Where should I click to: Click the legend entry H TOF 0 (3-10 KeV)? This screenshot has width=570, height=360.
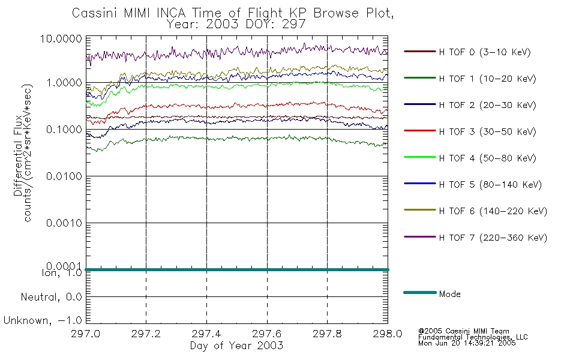pos(485,52)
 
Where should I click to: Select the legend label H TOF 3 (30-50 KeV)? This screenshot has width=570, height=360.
pos(487,131)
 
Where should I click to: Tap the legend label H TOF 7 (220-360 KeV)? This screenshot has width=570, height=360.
pos(493,238)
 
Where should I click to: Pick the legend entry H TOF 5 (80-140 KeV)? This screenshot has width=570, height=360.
pos(490,185)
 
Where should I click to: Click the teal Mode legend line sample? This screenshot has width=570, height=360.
pos(420,292)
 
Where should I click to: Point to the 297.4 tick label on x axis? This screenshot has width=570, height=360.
pos(206,334)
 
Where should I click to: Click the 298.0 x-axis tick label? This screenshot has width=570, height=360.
pos(388,334)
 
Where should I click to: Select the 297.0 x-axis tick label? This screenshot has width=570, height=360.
pos(86,334)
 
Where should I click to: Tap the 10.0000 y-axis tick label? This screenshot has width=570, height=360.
pos(61,38)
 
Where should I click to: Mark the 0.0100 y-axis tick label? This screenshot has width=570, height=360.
pos(64,176)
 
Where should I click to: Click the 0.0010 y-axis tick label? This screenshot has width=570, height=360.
pos(64,223)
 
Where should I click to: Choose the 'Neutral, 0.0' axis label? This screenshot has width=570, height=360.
pos(51,298)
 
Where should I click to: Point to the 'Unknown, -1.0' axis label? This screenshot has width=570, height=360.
pos(43,321)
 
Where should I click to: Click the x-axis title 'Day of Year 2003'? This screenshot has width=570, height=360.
pos(236,346)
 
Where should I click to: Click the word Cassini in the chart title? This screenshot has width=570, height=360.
pos(95,13)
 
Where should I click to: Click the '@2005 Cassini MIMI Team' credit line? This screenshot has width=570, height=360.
pos(464,331)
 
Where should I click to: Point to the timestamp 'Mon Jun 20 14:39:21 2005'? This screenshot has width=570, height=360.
pos(467,343)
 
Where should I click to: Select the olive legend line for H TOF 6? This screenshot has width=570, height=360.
pos(420,210)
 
